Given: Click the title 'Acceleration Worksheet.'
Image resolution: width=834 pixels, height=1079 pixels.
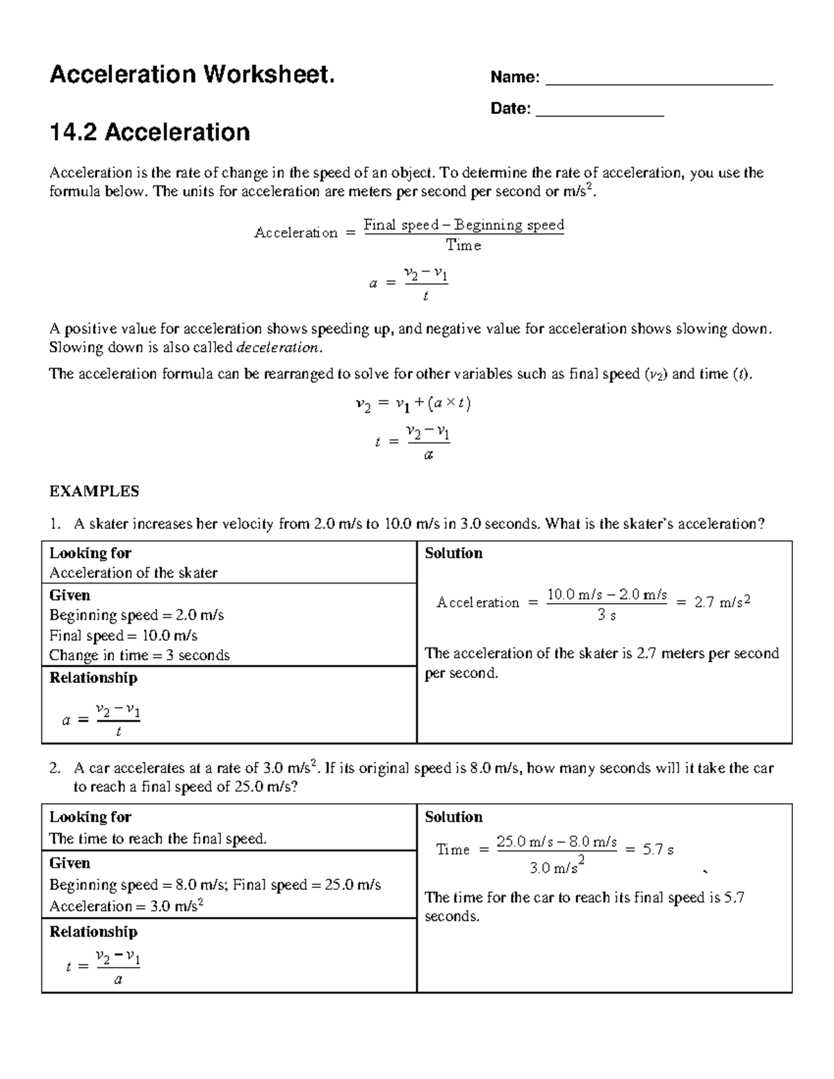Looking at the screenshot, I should click(x=192, y=74).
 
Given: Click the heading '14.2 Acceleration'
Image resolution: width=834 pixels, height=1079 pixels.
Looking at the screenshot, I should click(x=149, y=132).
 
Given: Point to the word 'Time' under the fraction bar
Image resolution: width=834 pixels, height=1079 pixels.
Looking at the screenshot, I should click(x=464, y=245).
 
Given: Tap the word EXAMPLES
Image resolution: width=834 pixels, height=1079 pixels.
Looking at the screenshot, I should click(x=94, y=491).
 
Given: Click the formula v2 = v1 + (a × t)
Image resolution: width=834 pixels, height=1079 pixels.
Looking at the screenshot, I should click(x=413, y=404).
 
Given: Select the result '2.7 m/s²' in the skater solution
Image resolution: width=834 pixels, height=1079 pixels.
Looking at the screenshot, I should click(x=723, y=602).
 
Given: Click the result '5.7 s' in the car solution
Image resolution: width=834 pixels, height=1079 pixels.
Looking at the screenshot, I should click(x=657, y=849).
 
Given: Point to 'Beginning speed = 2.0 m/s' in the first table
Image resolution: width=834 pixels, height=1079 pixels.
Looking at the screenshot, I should click(x=136, y=616).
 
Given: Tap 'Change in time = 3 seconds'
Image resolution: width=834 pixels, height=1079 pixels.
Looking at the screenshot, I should click(x=139, y=655).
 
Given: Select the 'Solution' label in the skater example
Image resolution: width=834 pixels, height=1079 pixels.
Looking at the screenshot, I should click(x=453, y=553).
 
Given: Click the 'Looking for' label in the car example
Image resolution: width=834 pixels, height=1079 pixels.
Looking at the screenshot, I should click(x=90, y=817).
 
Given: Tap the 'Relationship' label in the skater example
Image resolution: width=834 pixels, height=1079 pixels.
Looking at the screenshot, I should click(x=93, y=677).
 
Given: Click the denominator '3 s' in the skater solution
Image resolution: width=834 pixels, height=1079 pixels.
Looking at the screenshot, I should click(x=606, y=615).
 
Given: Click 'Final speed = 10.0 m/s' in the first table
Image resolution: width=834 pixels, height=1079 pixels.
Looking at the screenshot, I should click(x=123, y=636).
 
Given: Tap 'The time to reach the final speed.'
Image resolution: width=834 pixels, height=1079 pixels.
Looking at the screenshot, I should click(x=158, y=839).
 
